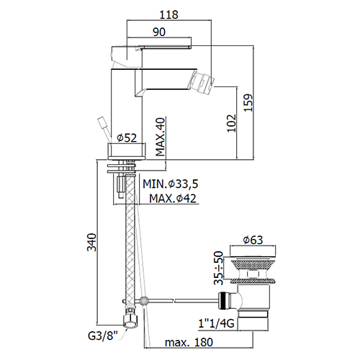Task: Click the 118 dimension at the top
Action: pos(169,14)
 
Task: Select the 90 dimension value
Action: pos(159,32)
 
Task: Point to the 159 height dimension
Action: pos(248,102)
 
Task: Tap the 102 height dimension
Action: pos(232,123)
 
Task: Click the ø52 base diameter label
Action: pos(127,138)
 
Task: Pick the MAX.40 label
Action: pos(161,137)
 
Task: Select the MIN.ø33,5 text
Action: pos(171,184)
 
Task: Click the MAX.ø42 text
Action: pos(173,199)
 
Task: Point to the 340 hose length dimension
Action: pos(91,242)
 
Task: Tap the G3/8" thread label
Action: pos(103,336)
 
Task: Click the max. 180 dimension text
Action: pos(189,342)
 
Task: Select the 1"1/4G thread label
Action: pos(216,323)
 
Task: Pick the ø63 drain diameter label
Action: pos(253,240)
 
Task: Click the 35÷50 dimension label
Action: pos(218,268)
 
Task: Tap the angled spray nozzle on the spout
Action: pos(203,81)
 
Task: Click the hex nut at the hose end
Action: pos(130,321)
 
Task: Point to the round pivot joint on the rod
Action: pos(144,300)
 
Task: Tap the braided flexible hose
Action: pos(130,243)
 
